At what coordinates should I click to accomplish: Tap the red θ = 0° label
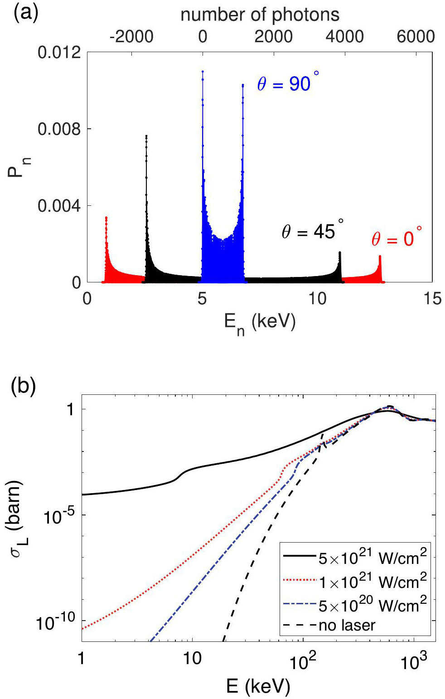click(397, 238)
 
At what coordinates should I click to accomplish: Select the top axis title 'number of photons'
click(260, 15)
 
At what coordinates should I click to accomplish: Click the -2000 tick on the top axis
click(131, 36)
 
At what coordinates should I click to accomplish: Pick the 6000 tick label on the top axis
click(416, 36)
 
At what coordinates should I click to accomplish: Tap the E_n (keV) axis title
click(260, 323)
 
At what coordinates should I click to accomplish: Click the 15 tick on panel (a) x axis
click(433, 299)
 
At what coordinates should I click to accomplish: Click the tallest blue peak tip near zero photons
click(203, 72)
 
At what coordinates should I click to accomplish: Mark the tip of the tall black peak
click(146, 136)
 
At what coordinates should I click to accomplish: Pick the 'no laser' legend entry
click(347, 626)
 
